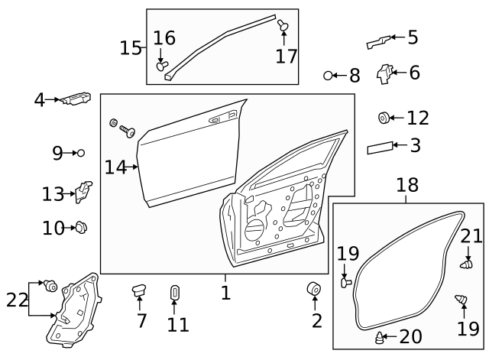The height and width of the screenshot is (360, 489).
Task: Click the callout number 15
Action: (x=131, y=48)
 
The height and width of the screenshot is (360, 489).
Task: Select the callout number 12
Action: (x=418, y=118)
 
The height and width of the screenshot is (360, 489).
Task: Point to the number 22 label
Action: (x=17, y=300)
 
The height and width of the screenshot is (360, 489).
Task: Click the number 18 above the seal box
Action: (x=407, y=185)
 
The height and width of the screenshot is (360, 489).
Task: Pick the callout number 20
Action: (x=410, y=336)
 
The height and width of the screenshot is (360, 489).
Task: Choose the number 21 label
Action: (x=471, y=235)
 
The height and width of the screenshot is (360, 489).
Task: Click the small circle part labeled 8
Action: (x=329, y=76)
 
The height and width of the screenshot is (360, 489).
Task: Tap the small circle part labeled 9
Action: (x=81, y=153)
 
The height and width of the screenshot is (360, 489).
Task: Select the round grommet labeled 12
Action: (x=384, y=118)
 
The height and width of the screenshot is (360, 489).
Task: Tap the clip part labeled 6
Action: (x=384, y=74)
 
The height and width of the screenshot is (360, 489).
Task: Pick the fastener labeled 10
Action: (x=82, y=227)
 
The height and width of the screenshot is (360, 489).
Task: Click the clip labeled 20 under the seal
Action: (x=380, y=337)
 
